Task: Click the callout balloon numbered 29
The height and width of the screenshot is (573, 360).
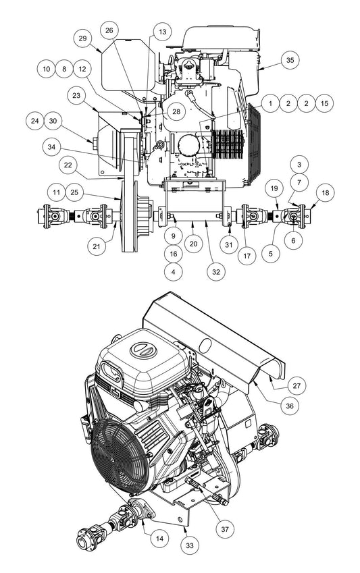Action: [x=82, y=38]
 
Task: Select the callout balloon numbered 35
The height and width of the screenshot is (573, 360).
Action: [x=290, y=59]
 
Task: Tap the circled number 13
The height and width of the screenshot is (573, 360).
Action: [x=161, y=32]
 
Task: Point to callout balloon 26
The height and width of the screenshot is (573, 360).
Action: [x=110, y=30]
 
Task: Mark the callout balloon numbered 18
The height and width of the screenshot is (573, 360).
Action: [x=326, y=193]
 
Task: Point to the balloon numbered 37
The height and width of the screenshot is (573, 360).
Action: [x=224, y=528]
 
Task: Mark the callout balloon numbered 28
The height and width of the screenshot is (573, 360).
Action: [x=176, y=111]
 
